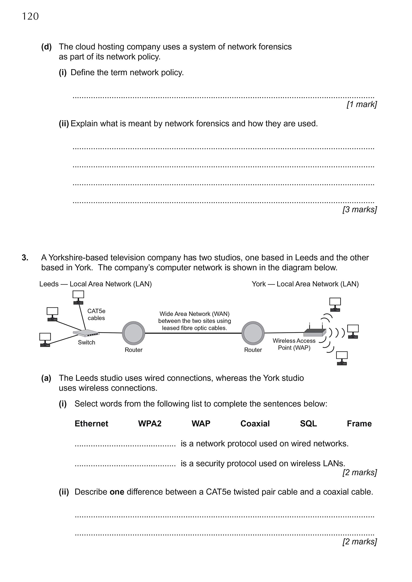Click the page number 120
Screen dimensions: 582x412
(30, 16)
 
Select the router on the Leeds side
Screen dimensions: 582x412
(134, 333)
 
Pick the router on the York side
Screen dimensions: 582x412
(253, 333)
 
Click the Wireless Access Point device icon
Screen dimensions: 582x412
(315, 332)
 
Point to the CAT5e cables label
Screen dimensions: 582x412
(96, 314)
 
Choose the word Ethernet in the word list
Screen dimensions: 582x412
(91, 424)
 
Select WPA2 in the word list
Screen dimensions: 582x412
(150, 424)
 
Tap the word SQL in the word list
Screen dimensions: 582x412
(308, 424)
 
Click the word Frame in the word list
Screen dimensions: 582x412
(359, 424)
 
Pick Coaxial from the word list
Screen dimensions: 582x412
(255, 424)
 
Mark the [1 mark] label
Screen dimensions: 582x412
(362, 104)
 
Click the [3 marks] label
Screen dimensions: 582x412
(359, 209)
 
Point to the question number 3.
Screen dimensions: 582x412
(25, 258)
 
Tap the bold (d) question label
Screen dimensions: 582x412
(46, 47)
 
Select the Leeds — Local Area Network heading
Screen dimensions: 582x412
(95, 284)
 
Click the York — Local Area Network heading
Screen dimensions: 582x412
(305, 284)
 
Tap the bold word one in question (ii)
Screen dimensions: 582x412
(117, 492)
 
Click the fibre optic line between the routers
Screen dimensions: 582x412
(193, 333)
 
